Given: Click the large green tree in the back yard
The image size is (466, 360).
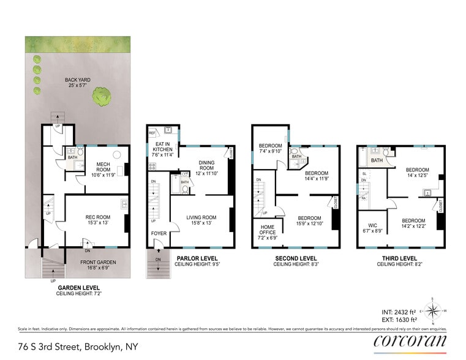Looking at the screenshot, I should (102, 96).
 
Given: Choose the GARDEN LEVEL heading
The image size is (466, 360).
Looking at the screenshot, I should (80, 288).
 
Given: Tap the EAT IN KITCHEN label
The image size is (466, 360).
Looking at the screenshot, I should (162, 149).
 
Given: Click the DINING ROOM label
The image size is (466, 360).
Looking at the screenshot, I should (206, 165).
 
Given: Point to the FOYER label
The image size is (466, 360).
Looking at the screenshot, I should (159, 233).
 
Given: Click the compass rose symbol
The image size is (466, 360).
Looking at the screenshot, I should (433, 310).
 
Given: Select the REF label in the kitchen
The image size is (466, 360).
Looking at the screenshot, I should (151, 132).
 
